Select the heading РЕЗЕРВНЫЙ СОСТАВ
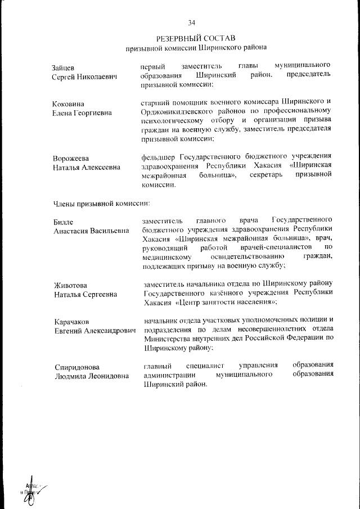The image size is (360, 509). point(195,39)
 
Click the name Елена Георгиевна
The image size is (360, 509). point(82,112)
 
